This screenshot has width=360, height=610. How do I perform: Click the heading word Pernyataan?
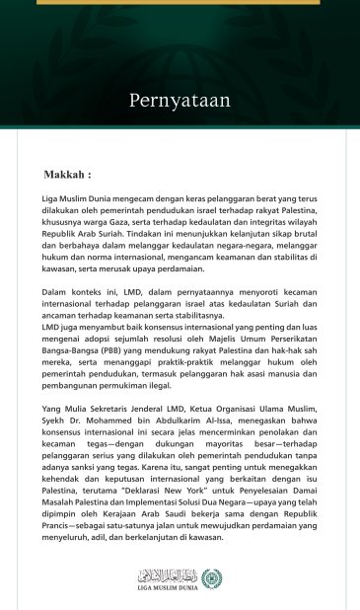180,100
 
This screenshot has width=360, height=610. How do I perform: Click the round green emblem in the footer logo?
211,578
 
